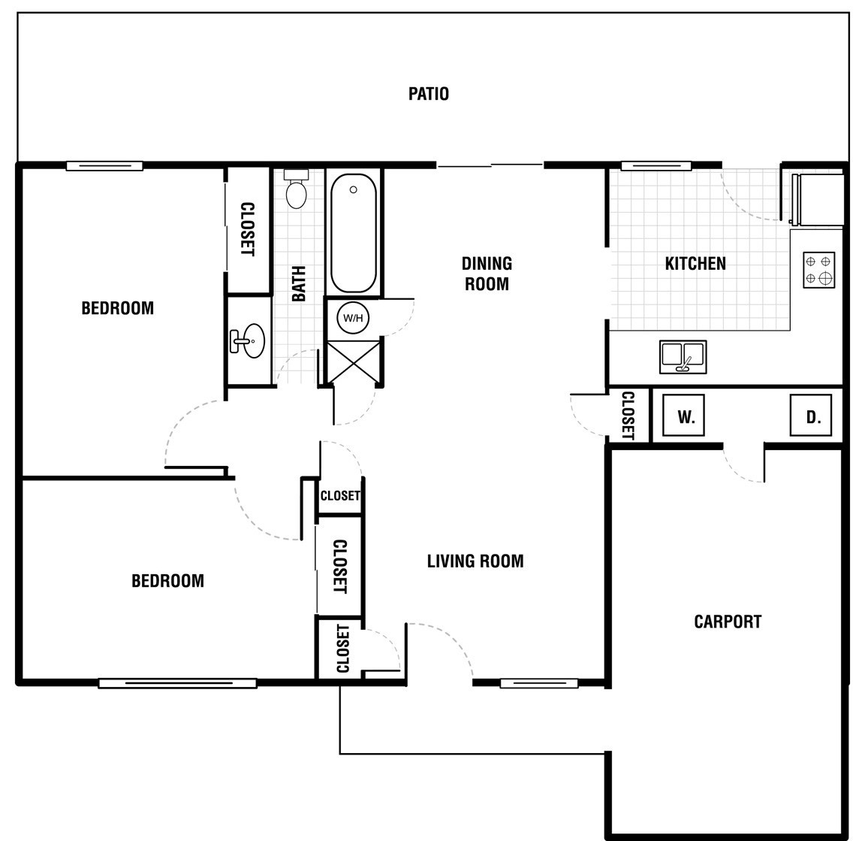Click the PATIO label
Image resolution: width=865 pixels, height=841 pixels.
pyautogui.click(x=429, y=94)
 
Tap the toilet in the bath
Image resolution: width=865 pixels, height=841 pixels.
pyautogui.click(x=297, y=189)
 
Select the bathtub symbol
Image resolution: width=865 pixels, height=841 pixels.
pyautogui.click(x=354, y=233)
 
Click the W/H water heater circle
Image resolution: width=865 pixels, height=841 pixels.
pyautogui.click(x=353, y=318)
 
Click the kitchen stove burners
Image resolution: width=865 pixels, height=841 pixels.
pyautogui.click(x=818, y=270)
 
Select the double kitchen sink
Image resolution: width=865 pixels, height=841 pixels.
pyautogui.click(x=683, y=357)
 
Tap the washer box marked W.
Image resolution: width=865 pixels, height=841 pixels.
pyautogui.click(x=683, y=416)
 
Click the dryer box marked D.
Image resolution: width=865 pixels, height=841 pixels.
pyautogui.click(x=811, y=416)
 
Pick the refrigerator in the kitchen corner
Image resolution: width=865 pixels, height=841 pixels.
pyautogui.click(x=818, y=199)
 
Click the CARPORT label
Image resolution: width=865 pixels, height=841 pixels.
pyautogui.click(x=728, y=622)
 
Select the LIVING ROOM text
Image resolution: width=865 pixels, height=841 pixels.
pyautogui.click(x=475, y=561)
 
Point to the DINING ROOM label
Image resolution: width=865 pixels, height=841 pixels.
pyautogui.click(x=487, y=274)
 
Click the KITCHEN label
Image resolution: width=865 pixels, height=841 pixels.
pyautogui.click(x=695, y=264)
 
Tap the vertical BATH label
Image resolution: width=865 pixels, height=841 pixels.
pyautogui.click(x=298, y=284)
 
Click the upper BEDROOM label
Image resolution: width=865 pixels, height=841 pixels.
pyautogui.click(x=117, y=308)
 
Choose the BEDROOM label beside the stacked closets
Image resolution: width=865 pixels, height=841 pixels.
pyautogui.click(x=167, y=581)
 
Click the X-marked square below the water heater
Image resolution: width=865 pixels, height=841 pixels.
pyautogui.click(x=354, y=362)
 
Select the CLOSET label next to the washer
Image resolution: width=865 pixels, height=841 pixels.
pyautogui.click(x=628, y=416)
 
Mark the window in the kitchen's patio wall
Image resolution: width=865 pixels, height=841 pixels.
pyautogui.click(x=656, y=165)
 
